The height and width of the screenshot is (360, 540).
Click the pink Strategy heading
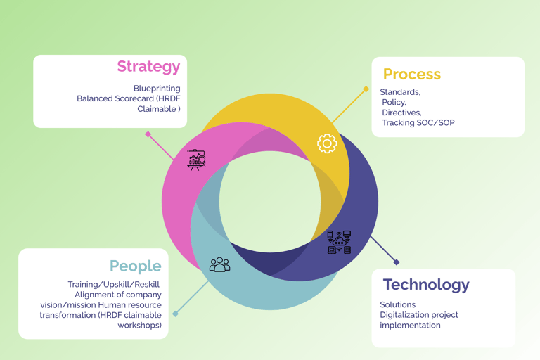click(x=148, y=67)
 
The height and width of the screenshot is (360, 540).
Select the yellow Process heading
click(x=411, y=74)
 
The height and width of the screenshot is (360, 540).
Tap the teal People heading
click(x=135, y=266)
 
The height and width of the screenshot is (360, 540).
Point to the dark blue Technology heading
click(x=426, y=285)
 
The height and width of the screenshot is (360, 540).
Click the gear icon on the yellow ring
click(x=327, y=143)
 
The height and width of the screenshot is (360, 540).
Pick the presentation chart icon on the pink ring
click(x=197, y=160)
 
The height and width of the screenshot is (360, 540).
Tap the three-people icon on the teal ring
click(x=219, y=264)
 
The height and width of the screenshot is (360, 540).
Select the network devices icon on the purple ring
click(x=339, y=242)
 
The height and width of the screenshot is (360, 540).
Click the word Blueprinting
click(x=157, y=89)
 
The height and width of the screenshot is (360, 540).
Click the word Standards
click(x=400, y=92)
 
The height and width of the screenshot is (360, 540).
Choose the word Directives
click(x=401, y=112)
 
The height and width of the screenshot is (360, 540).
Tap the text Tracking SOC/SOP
click(x=418, y=123)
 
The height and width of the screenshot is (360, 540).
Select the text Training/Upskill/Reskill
click(x=114, y=284)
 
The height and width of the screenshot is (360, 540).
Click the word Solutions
click(x=398, y=304)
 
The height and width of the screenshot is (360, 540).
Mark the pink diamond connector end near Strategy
click(x=148, y=134)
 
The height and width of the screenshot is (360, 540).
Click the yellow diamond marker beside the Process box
click(x=366, y=89)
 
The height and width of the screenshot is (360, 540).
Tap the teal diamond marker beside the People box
click(x=176, y=314)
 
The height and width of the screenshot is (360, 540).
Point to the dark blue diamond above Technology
click(x=397, y=262)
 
